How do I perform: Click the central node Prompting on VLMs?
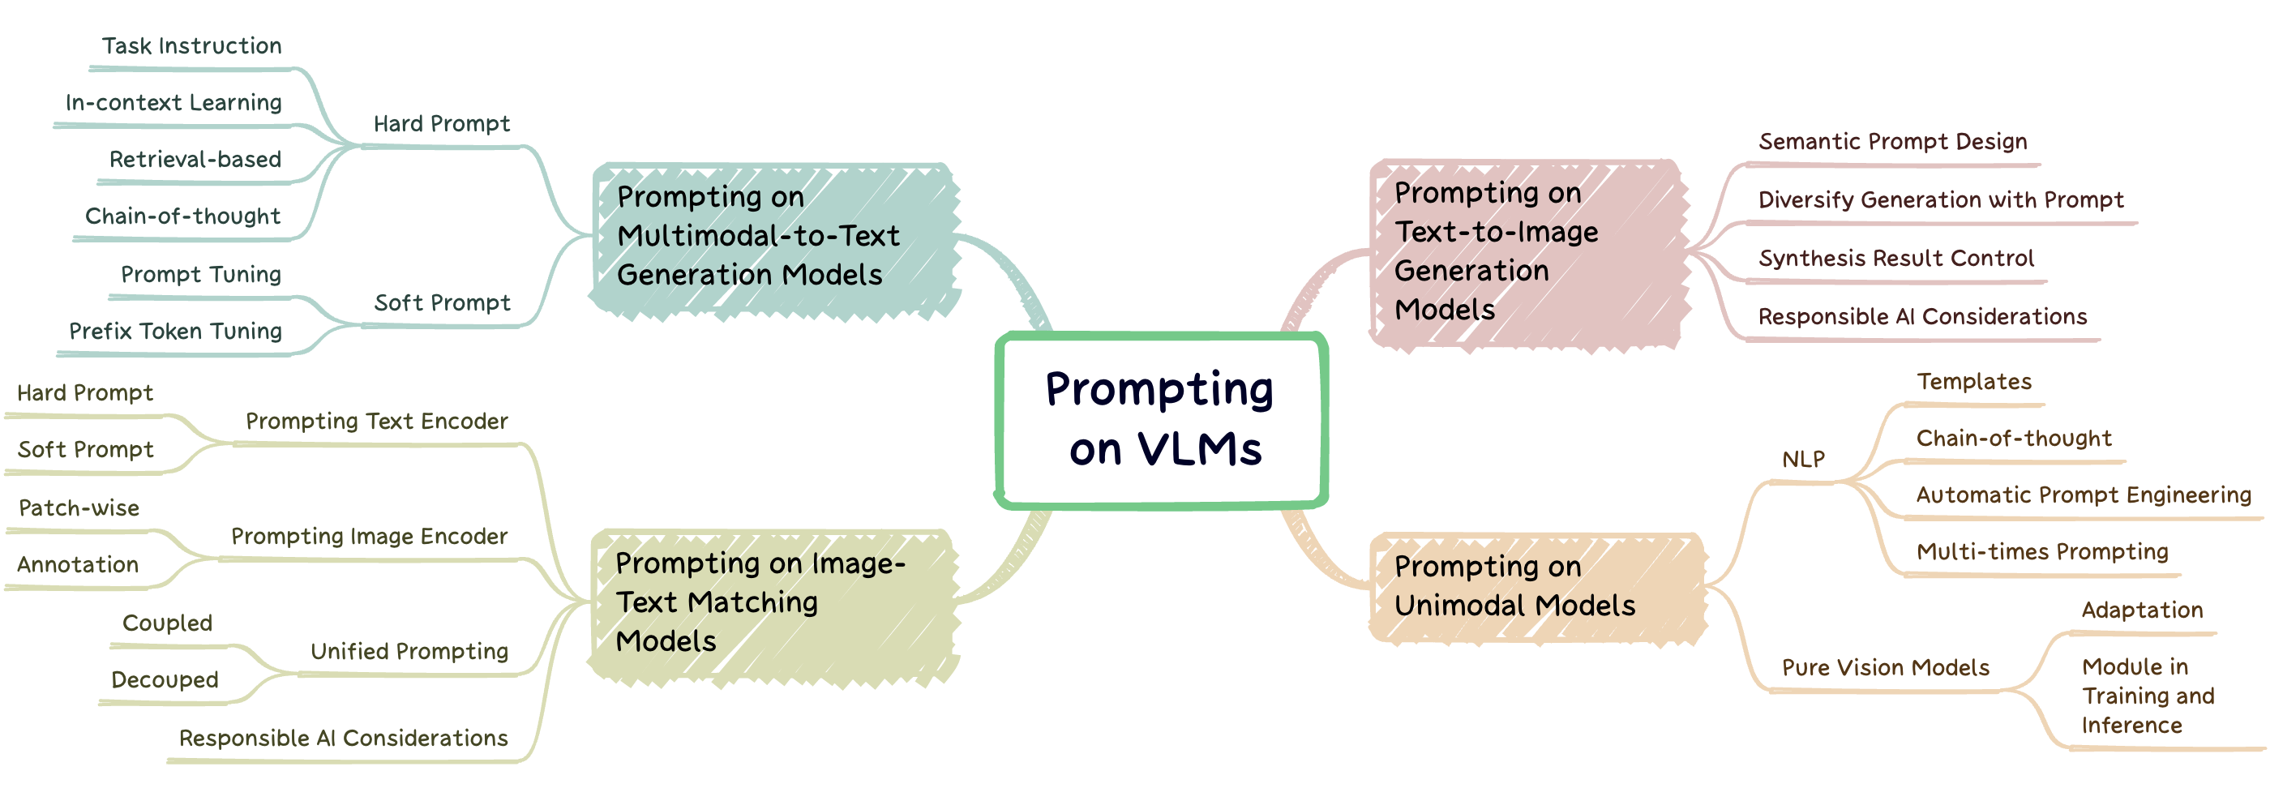click(1160, 419)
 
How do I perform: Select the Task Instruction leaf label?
click(191, 46)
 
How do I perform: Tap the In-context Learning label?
click(173, 103)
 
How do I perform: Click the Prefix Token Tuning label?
click(175, 332)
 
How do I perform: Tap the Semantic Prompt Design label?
click(1892, 142)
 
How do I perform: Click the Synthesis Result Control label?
click(1895, 259)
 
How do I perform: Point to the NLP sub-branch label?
click(1803, 459)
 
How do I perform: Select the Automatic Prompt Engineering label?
click(2083, 495)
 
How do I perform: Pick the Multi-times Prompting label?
click(2041, 552)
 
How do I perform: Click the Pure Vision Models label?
click(1885, 667)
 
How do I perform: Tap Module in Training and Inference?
click(2147, 696)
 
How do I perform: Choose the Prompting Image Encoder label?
click(369, 536)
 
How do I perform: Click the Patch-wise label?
click(79, 507)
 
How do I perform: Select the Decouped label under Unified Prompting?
click(164, 680)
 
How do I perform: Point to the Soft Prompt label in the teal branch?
click(441, 303)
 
